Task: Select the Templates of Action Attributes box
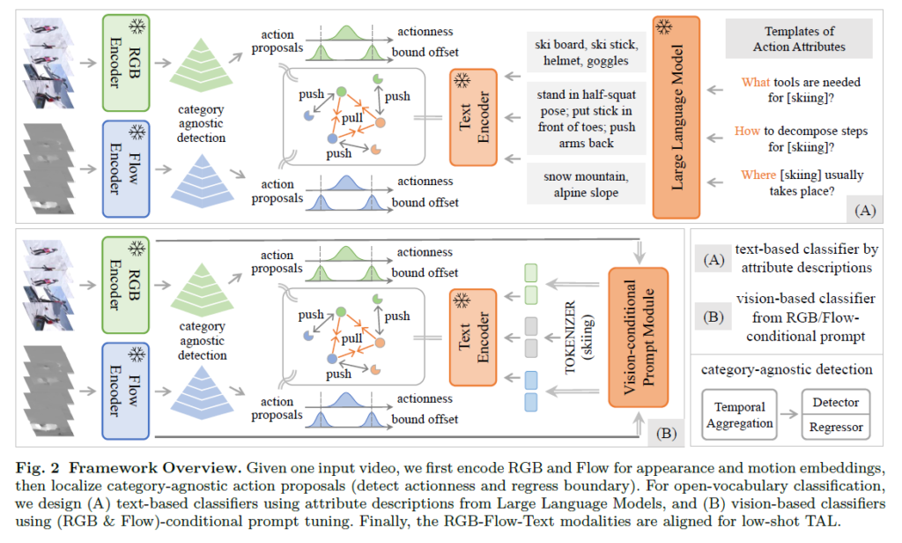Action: click(x=799, y=39)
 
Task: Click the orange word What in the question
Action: click(x=756, y=82)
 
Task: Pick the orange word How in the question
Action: click(x=747, y=130)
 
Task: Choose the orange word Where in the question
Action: click(x=759, y=175)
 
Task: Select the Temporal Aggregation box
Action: click(x=740, y=415)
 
